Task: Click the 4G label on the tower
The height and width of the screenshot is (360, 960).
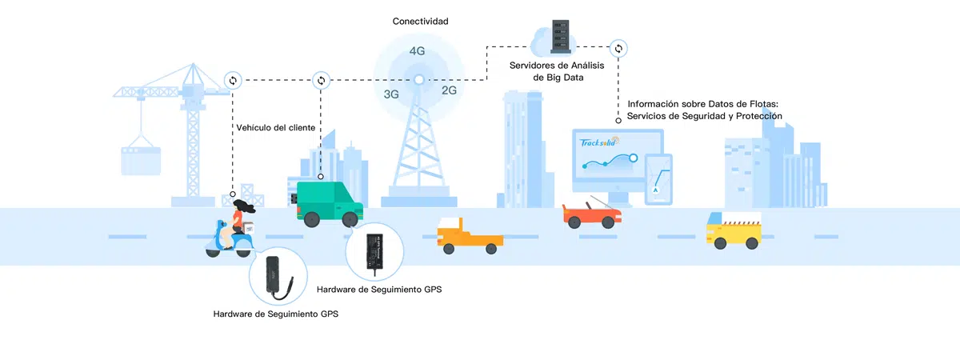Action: point(417,51)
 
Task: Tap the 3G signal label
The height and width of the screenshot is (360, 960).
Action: point(391,94)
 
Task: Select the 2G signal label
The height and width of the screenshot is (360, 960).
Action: point(449,90)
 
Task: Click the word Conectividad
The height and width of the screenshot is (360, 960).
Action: point(420,22)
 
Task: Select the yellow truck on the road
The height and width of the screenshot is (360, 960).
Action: point(733,230)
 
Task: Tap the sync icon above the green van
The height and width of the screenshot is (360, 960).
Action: point(321,80)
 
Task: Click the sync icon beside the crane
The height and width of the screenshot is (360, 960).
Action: point(233,80)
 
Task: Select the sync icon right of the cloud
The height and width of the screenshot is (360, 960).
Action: point(618,49)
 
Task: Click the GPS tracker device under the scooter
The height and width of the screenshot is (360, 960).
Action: point(278,274)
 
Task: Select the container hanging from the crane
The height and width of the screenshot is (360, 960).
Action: point(141,159)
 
